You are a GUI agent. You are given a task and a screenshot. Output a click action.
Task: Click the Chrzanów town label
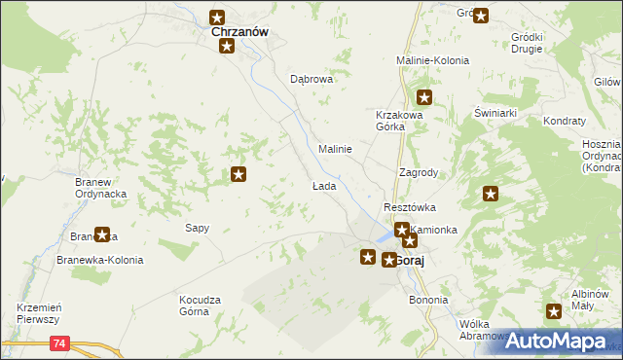click(239, 31)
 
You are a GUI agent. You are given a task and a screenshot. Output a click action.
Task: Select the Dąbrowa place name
click(311, 80)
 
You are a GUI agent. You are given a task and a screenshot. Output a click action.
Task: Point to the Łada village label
click(323, 186)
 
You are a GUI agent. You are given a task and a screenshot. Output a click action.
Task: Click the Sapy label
click(198, 228)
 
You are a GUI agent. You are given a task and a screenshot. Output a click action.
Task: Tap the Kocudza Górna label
click(201, 306)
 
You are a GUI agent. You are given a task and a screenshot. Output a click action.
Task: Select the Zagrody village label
click(419, 172)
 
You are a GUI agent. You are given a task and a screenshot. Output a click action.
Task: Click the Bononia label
click(428, 300)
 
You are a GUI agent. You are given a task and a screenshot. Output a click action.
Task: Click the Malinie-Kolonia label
click(433, 60)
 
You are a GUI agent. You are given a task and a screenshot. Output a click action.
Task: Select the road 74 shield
click(60, 342)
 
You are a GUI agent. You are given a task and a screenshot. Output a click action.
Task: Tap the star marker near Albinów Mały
click(554, 311)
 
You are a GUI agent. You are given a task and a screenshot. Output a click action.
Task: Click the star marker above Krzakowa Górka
click(424, 96)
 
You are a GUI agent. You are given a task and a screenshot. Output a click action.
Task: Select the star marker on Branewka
click(101, 234)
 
